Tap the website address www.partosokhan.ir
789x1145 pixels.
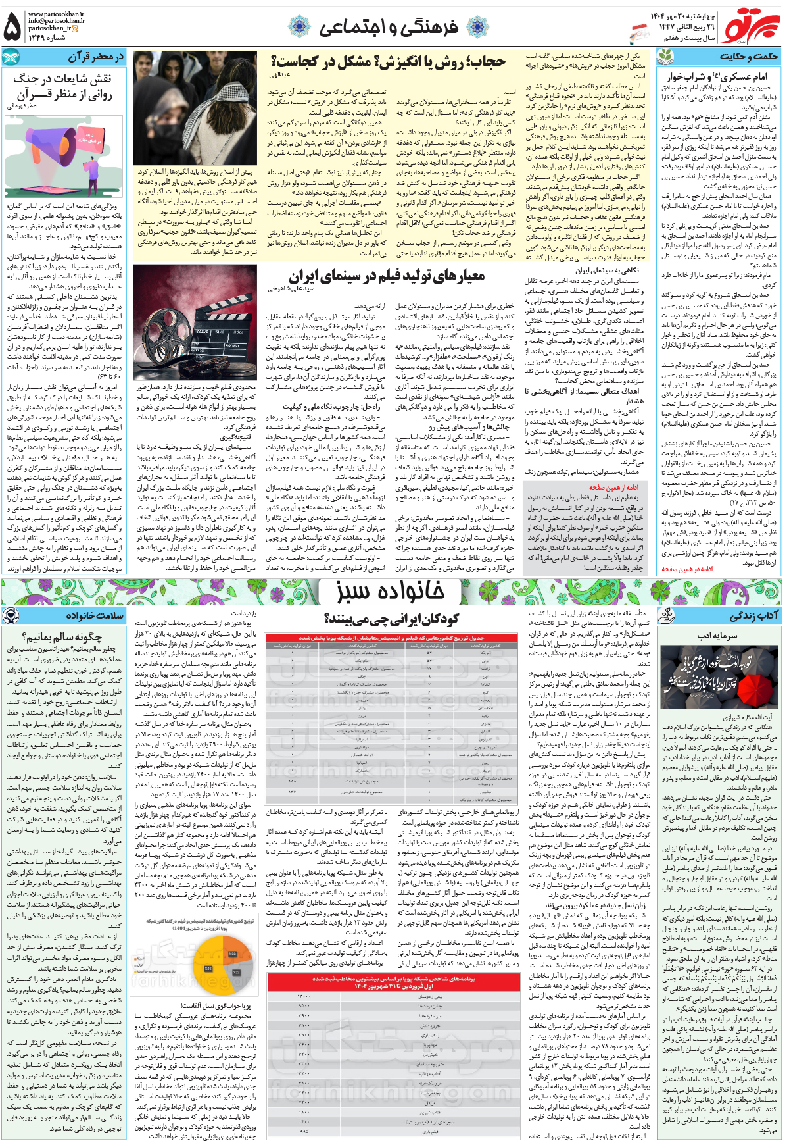click(x=56, y=14)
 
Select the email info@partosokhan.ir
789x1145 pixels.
click(x=56, y=21)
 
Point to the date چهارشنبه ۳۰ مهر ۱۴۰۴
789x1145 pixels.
click(x=684, y=15)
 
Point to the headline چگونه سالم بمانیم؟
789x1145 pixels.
click(x=62, y=636)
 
